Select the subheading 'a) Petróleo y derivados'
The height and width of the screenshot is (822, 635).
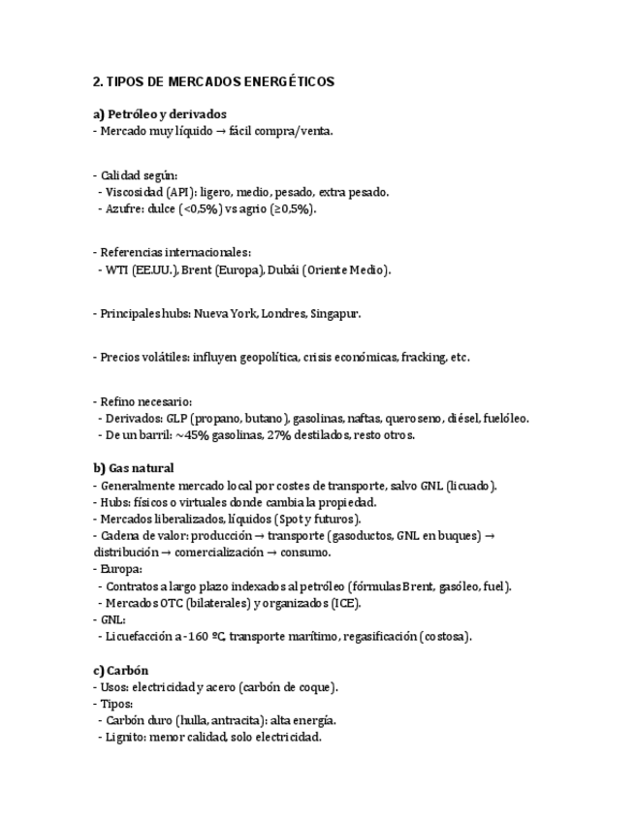point(159,114)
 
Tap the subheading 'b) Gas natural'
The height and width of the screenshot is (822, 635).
point(134,468)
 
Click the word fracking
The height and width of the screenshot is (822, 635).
point(422,357)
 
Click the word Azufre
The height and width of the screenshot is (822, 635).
point(119,208)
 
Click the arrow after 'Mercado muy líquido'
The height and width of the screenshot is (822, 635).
point(220,131)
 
